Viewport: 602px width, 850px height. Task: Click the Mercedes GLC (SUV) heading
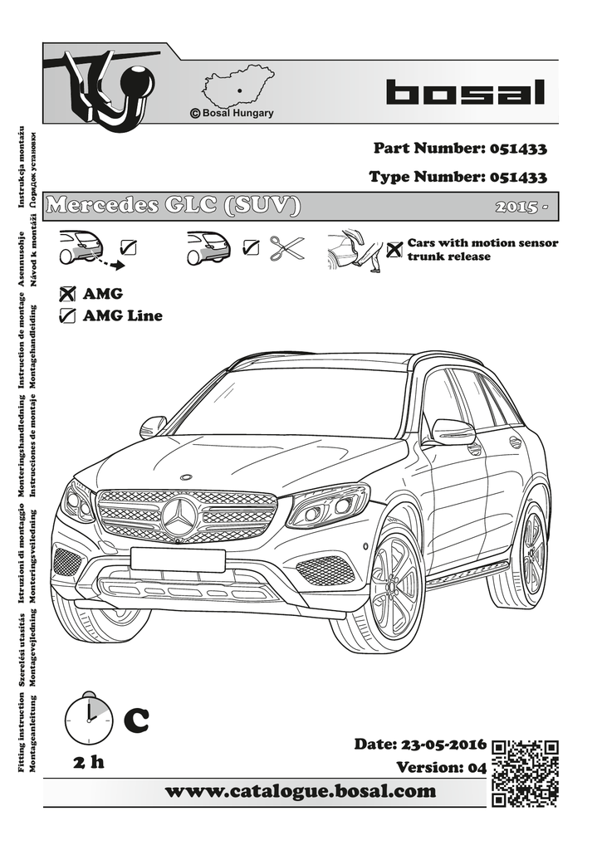pyautogui.click(x=173, y=206)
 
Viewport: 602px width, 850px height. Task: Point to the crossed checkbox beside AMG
pyautogui.click(x=68, y=294)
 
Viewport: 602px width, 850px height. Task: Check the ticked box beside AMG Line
pyautogui.click(x=68, y=315)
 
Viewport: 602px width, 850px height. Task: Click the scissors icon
pyautogui.click(x=287, y=247)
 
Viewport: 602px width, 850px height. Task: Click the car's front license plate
pyautogui.click(x=177, y=559)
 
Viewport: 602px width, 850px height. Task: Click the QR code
pyautogui.click(x=524, y=772)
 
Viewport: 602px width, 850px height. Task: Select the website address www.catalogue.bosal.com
pyautogui.click(x=301, y=791)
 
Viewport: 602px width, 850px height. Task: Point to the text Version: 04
pyautogui.click(x=440, y=767)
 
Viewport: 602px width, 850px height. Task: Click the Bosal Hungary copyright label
pyautogui.click(x=232, y=113)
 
